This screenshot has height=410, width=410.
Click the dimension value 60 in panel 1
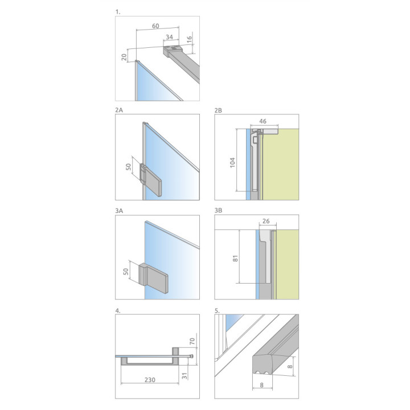coord(155,26)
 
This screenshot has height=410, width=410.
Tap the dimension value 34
coord(170,37)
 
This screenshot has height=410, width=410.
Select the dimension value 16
coord(189,39)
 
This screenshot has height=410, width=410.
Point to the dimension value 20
coord(124,57)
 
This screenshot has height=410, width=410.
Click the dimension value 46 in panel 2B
coord(263,121)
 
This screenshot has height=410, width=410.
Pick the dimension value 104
coord(232,163)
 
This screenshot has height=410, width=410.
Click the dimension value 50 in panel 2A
coord(128,167)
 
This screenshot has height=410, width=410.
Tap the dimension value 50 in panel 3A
coord(126,272)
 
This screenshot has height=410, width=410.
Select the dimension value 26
coord(266,221)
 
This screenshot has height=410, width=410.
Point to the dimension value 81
coord(235,259)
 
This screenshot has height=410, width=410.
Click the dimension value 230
coord(150,380)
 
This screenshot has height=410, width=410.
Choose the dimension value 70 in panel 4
coord(192,341)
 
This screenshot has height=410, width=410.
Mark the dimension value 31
coord(184,376)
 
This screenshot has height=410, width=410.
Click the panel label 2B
coord(218,110)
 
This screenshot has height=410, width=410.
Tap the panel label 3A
coord(119,211)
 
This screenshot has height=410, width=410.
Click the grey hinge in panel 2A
coord(150,179)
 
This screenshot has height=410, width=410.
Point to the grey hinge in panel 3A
coord(154,278)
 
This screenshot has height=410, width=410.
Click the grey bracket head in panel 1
coord(173,51)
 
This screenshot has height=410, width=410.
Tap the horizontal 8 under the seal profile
coord(262,385)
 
